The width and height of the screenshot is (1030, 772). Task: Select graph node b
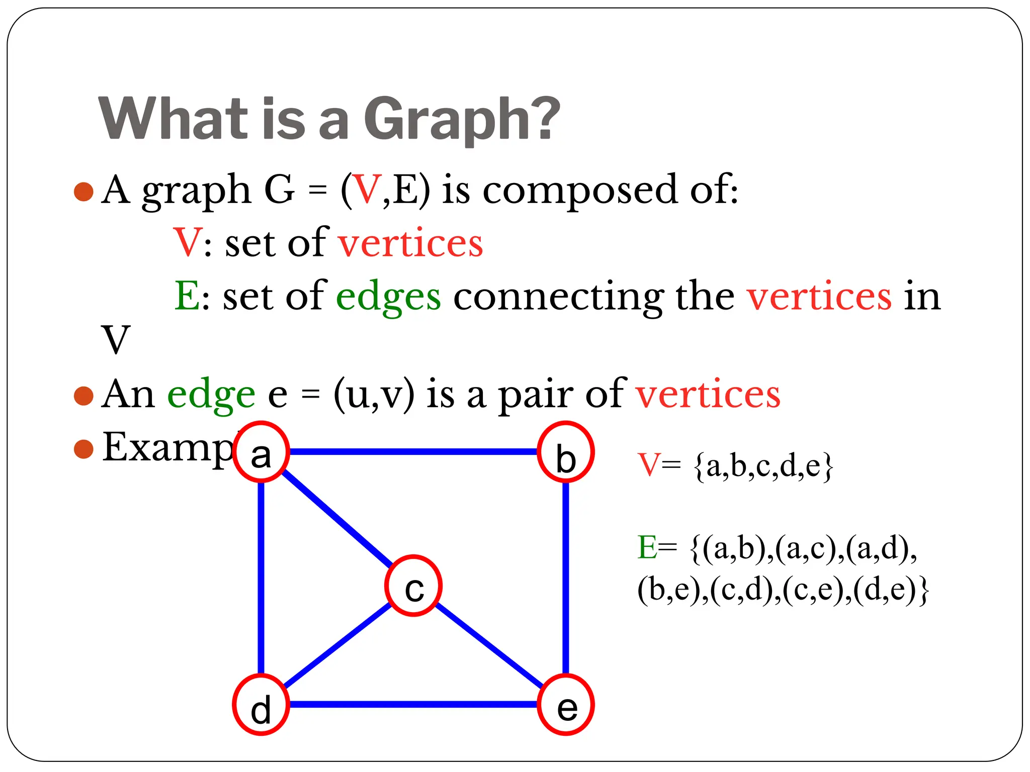[566, 452]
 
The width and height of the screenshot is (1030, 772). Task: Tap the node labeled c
[413, 586]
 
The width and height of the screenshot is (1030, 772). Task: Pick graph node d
[261, 705]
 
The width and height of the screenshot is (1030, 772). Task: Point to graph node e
[566, 705]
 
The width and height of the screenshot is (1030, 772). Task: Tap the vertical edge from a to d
[261, 578]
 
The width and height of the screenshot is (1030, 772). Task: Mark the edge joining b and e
[566, 578]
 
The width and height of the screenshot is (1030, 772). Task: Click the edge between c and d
[337, 645]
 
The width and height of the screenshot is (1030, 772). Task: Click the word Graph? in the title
[462, 119]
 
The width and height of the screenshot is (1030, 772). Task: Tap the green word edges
[388, 297]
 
